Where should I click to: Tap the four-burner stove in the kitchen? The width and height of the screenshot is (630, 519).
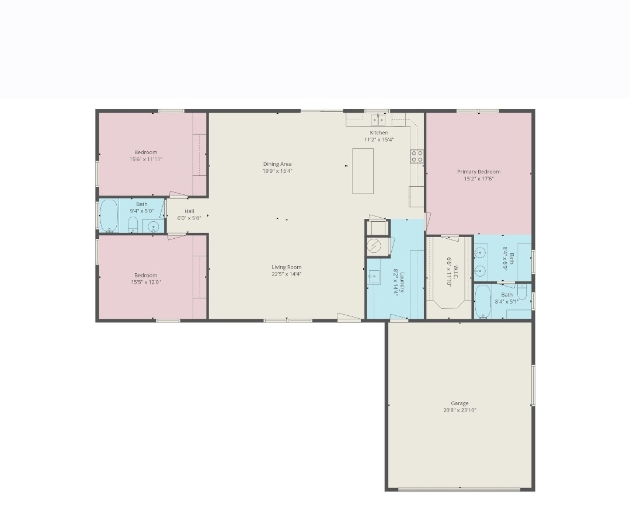point(417,156)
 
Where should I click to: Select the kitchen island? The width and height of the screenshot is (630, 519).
point(363,171)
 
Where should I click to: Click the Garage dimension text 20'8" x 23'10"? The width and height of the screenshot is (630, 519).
point(460,410)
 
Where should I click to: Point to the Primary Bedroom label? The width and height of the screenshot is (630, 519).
point(478,172)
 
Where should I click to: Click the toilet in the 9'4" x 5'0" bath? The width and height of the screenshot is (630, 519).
point(133,225)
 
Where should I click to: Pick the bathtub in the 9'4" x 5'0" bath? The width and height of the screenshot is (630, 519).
point(109,216)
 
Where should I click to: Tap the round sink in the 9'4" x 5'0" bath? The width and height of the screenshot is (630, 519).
point(153,227)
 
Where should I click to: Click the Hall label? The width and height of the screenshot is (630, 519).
point(189,211)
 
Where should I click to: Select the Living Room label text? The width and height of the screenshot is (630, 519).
point(286,267)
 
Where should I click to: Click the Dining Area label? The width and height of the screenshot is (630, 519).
point(277,164)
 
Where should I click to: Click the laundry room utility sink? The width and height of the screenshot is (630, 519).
point(374,277)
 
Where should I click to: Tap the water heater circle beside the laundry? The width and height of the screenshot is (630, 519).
point(377,246)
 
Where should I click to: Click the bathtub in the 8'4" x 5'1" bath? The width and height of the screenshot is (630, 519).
point(482,301)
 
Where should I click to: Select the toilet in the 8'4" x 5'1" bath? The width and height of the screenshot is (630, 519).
point(522,292)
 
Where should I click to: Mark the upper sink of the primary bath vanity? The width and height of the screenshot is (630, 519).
point(480,253)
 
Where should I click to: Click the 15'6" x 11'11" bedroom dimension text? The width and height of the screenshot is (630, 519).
point(146,159)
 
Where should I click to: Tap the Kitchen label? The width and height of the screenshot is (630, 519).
point(379,133)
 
